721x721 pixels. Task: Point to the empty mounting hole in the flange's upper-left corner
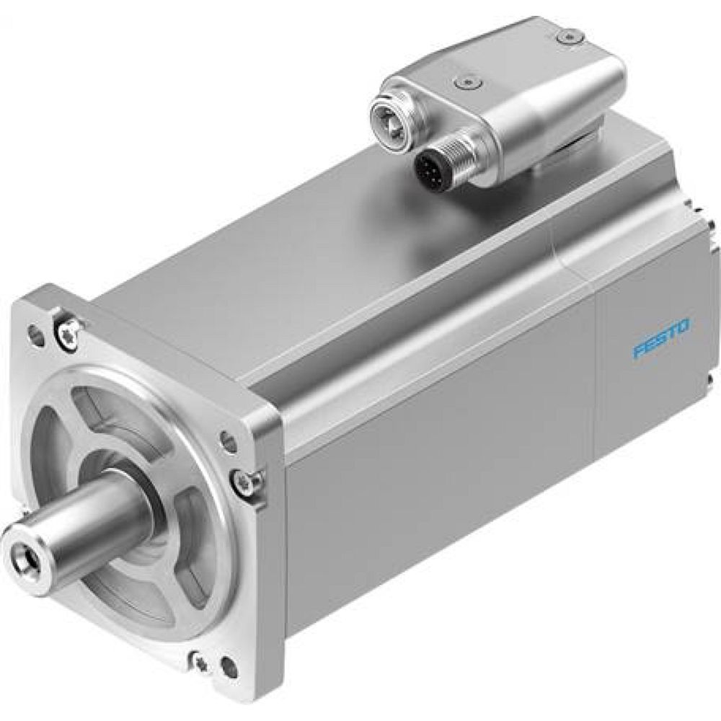coord(32,333)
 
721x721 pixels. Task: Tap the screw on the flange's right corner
coord(244,481)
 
